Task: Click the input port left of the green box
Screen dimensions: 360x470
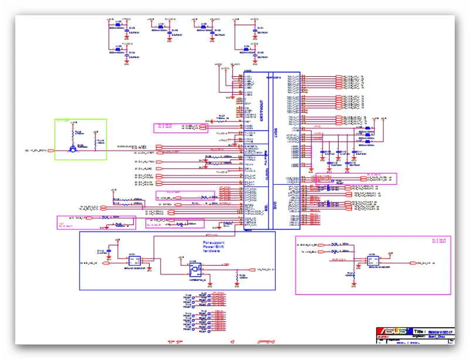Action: click(50, 150)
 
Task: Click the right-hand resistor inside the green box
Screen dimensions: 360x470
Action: click(97, 141)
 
